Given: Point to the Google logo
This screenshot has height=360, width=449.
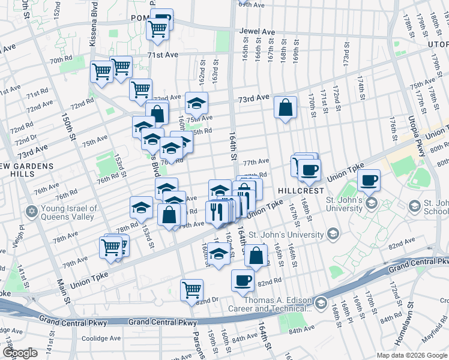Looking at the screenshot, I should (x=20, y=353).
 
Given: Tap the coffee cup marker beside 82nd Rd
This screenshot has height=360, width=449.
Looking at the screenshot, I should (x=243, y=280).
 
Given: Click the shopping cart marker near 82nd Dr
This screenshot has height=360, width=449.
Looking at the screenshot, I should (x=191, y=290).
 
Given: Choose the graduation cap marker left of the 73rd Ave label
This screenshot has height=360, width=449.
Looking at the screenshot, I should (x=196, y=104).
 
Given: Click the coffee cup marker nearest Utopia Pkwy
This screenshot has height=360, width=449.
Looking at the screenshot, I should (x=369, y=179).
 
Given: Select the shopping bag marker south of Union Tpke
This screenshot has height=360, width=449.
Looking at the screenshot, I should (x=256, y=254).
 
